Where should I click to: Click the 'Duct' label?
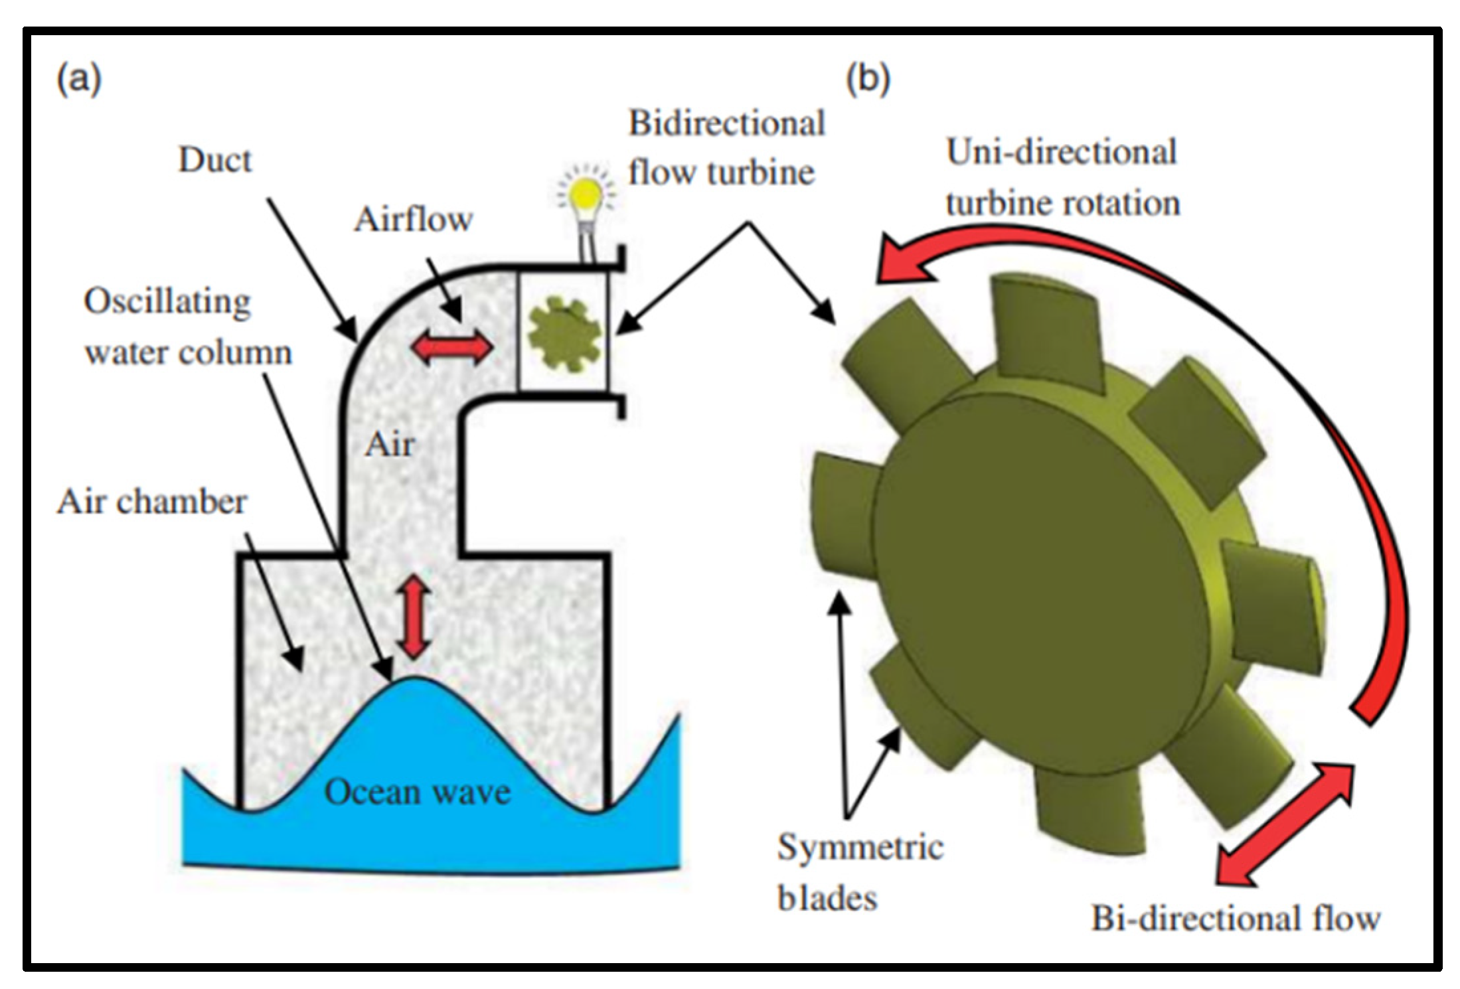[214, 161]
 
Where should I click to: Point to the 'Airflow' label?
[413, 220]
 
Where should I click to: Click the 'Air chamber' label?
[151, 502]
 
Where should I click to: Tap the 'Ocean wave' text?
[417, 793]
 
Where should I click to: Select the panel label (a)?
[79, 80]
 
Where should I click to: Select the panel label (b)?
[868, 80]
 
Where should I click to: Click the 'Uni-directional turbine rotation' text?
[1062, 178]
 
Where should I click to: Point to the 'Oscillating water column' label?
[187, 327]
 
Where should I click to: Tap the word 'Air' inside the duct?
[390, 445]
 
